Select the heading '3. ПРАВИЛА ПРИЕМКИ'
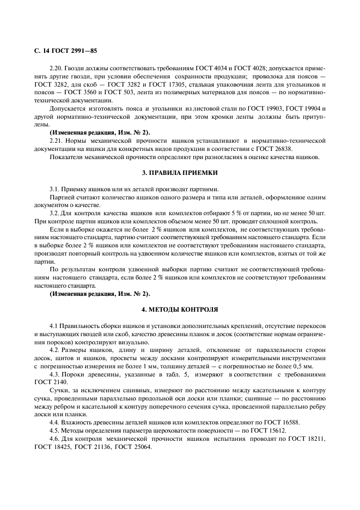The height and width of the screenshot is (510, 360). tap(180, 173)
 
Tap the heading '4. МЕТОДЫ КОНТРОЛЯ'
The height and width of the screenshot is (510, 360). tap(180, 309)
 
